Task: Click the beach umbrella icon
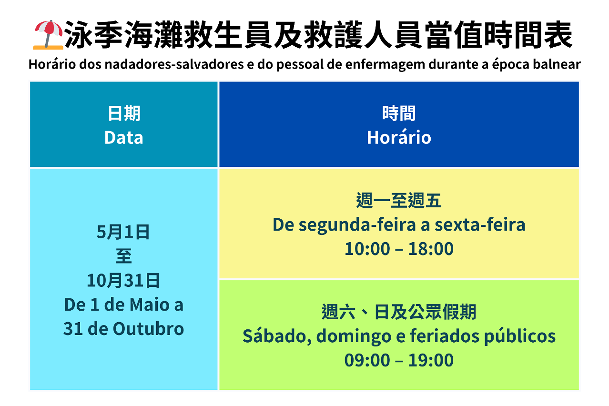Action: click(48, 35)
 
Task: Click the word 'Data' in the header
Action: click(124, 138)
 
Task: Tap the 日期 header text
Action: click(124, 113)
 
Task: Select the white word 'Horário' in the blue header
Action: click(399, 137)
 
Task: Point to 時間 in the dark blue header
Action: click(399, 113)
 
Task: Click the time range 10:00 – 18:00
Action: click(399, 249)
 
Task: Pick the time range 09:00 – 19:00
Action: click(399, 360)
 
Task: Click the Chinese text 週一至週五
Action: click(399, 201)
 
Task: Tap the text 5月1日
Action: click(123, 232)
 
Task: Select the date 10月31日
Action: click(123, 280)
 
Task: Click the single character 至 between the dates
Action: click(124, 256)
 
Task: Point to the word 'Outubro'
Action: click(149, 329)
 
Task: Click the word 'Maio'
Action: click(150, 304)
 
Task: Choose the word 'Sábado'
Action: click(277, 335)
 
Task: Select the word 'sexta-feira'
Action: click(480, 225)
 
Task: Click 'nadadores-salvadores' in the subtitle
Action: click(174, 64)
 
